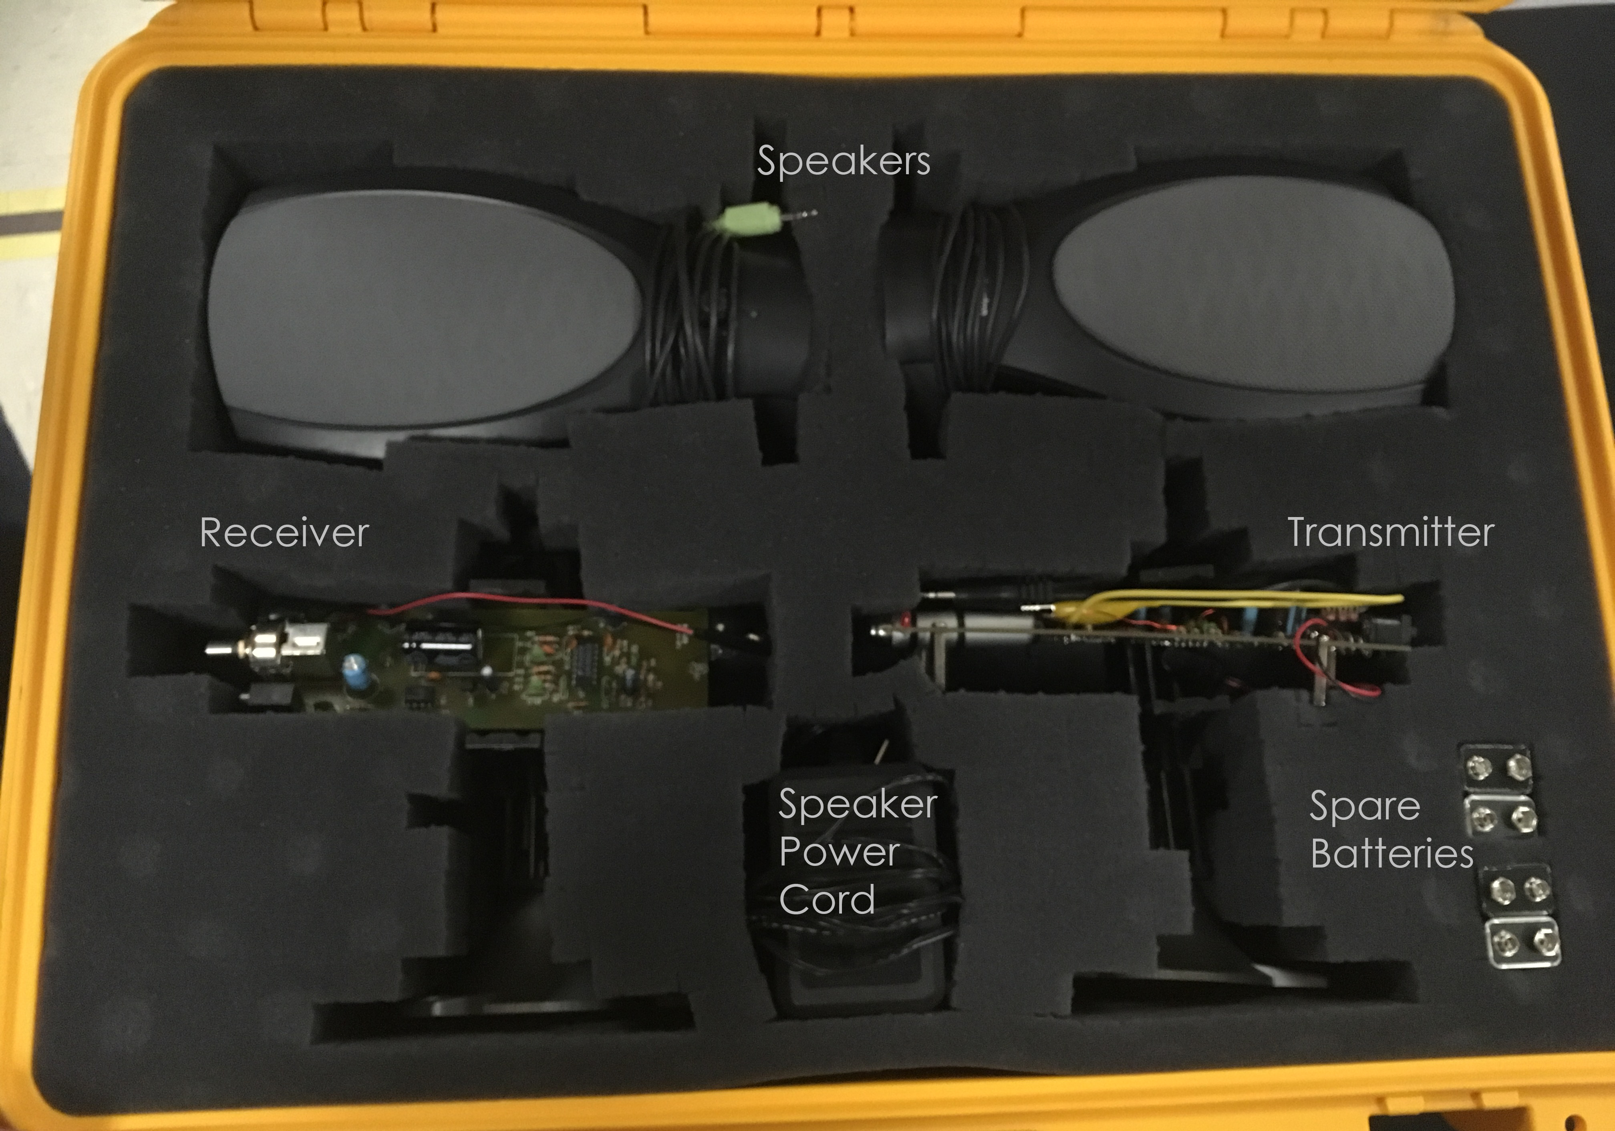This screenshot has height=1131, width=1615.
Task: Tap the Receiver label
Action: pyautogui.click(x=284, y=532)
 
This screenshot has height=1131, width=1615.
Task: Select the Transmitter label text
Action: pyautogui.click(x=1390, y=532)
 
